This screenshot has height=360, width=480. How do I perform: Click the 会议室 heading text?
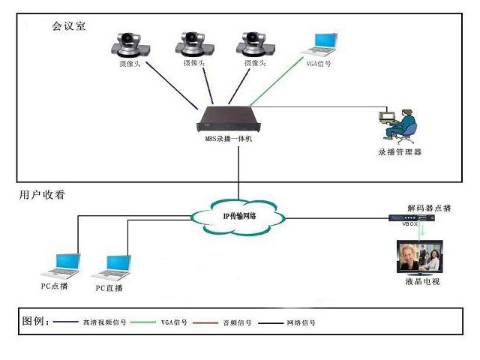click(69, 26)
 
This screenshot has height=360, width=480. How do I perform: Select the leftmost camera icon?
click(130, 43)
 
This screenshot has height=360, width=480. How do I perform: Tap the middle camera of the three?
click(193, 43)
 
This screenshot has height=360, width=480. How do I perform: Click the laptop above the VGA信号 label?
click(319, 45)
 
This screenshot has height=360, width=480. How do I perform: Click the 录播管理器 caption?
click(400, 152)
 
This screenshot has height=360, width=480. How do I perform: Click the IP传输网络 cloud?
click(238, 217)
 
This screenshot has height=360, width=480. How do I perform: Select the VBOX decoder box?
click(412, 219)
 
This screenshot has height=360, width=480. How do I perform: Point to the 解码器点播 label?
click(430, 206)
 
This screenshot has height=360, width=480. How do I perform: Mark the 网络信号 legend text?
click(301, 323)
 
